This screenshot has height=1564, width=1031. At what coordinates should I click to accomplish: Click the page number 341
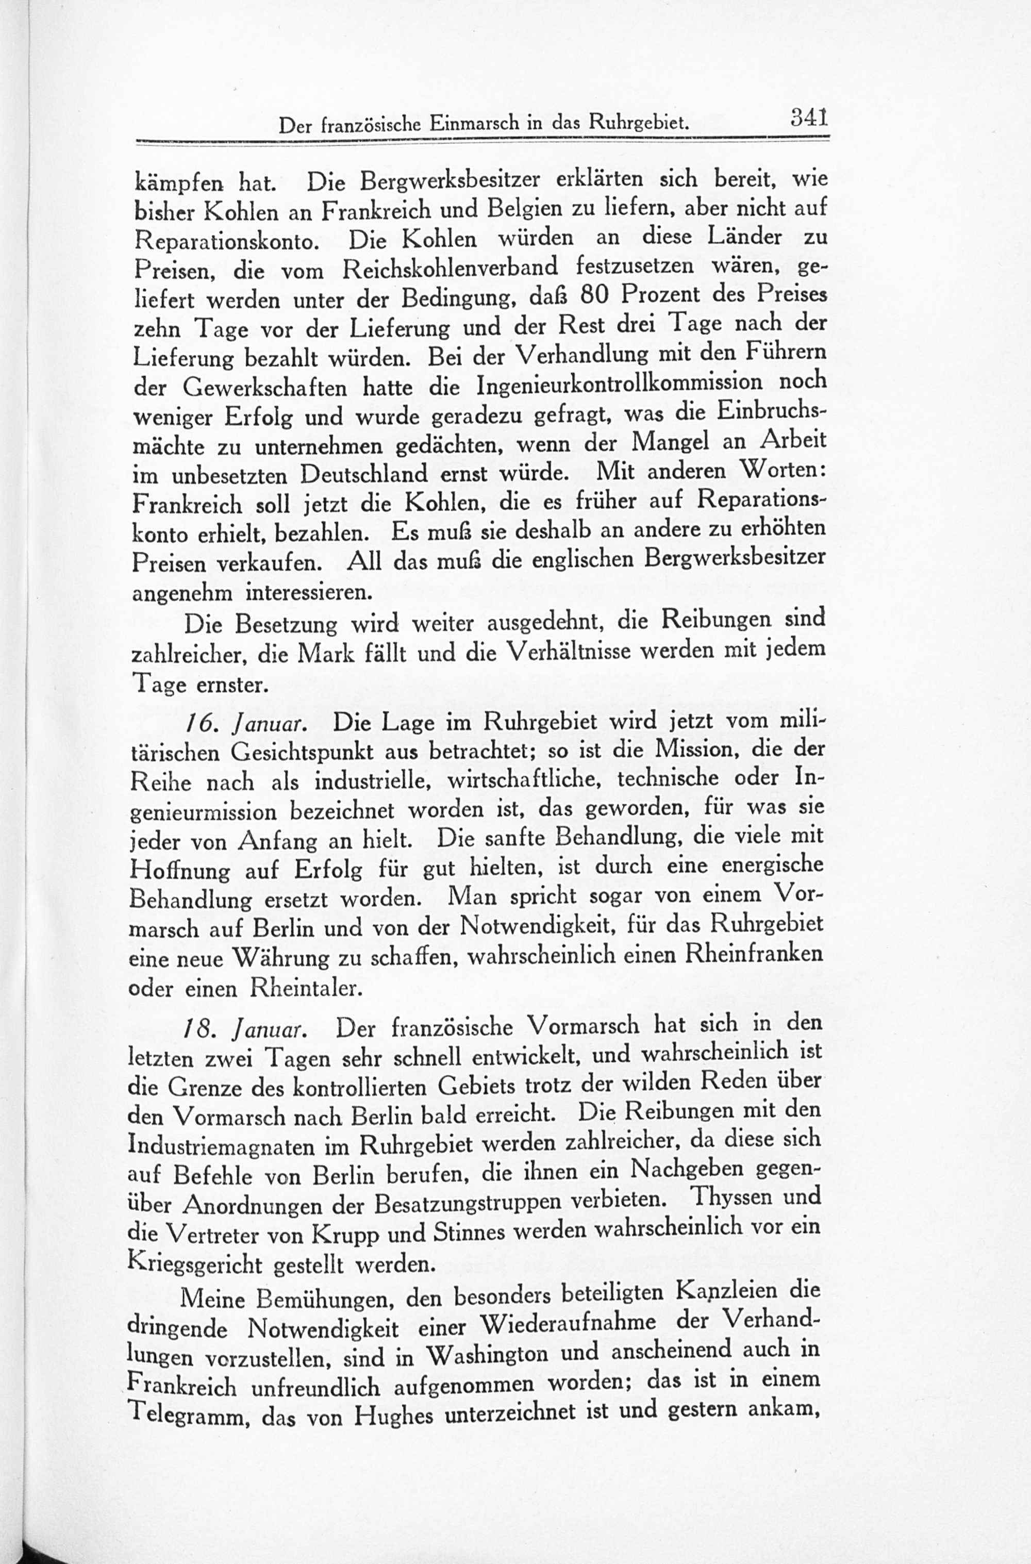[x=808, y=119]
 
